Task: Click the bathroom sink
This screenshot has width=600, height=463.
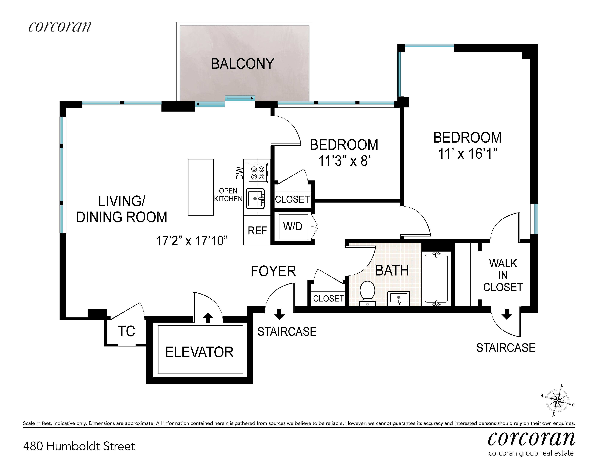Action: coord(399,299)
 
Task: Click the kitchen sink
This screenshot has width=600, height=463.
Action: coord(255,198)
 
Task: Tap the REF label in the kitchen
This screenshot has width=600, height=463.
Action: coord(257,231)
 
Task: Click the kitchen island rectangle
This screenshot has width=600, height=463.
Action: coord(201,187)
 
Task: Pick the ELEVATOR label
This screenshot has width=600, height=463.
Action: coord(199,352)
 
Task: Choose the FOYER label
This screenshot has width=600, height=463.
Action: coord(273,271)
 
